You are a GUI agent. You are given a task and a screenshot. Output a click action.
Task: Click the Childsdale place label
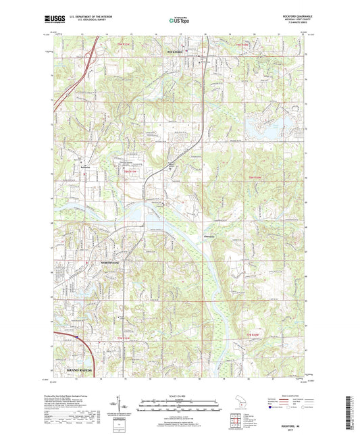tap(211, 236)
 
